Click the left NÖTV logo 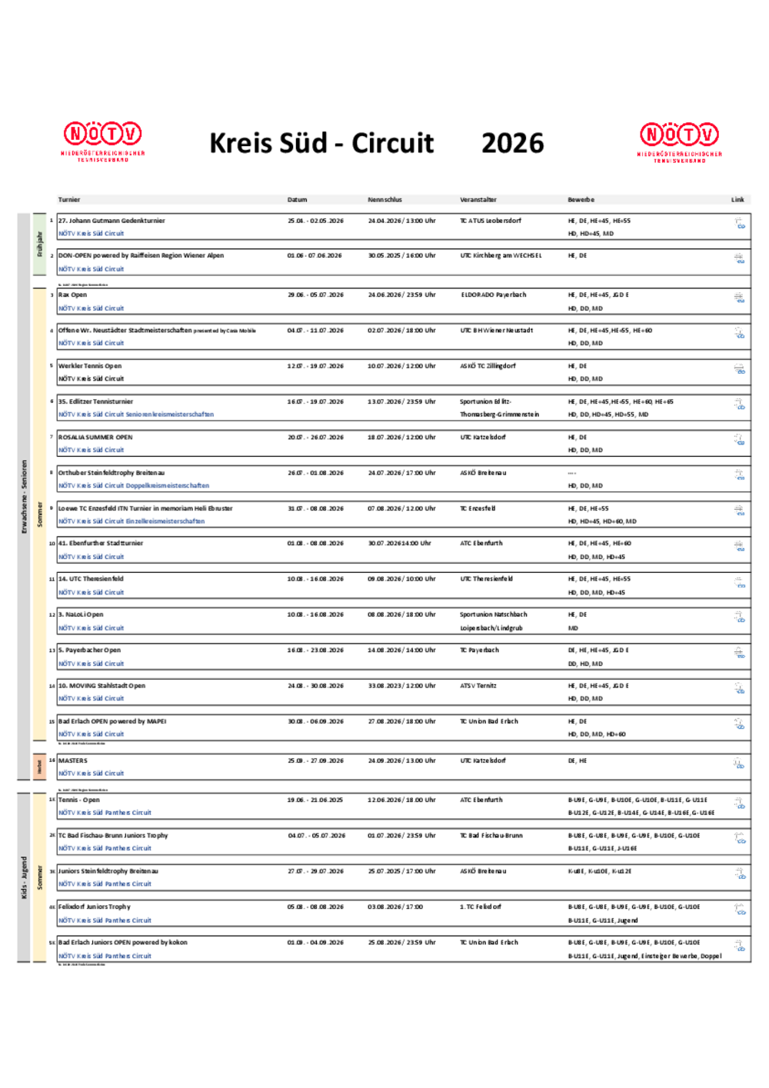103,140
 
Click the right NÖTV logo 680,141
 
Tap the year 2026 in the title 512,143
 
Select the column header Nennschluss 384,200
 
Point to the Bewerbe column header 581,200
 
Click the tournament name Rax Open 73,295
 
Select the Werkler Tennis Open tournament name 90,366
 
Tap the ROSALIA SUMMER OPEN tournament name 95,438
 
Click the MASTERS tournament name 73,760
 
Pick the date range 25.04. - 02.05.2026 315,221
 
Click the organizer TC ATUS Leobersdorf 491,221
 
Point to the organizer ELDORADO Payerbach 494,295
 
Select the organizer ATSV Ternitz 478,686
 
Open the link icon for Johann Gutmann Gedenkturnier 739,224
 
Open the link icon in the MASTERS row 738,764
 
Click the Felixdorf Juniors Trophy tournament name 95,907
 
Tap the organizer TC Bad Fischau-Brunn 491,836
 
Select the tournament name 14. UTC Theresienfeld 91,579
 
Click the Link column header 737,200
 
